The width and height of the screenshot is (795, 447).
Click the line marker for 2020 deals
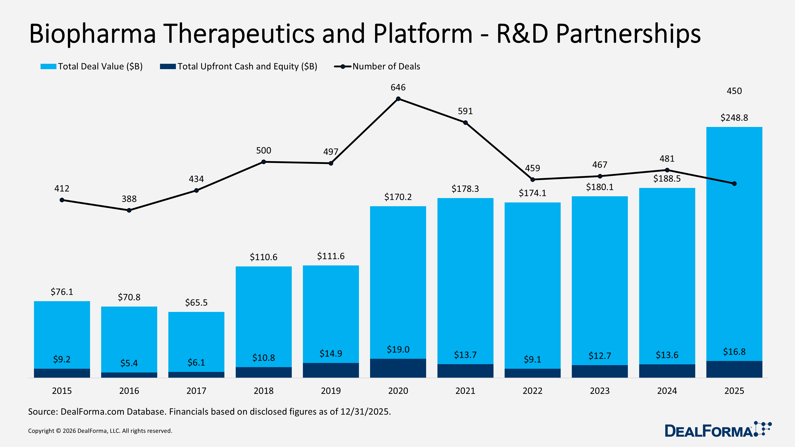click(398, 99)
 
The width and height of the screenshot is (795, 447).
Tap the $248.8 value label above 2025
click(734, 118)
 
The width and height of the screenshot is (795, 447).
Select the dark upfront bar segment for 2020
click(398, 368)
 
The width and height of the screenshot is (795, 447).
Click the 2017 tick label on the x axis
click(196, 391)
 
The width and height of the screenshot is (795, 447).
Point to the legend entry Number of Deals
click(386, 66)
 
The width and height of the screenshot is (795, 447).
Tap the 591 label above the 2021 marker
click(465, 111)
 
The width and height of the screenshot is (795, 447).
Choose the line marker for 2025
click(734, 184)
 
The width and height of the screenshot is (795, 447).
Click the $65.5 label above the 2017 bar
click(196, 303)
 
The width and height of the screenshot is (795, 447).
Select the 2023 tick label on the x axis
click(600, 391)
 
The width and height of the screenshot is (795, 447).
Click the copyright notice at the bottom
click(100, 431)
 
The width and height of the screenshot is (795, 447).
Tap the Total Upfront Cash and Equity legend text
click(247, 66)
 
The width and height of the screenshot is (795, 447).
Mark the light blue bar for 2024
click(667, 271)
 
